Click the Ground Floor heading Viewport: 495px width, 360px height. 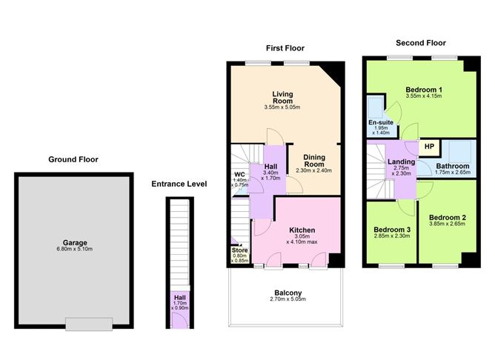[x=73, y=159]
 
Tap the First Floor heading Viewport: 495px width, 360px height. [x=285, y=48]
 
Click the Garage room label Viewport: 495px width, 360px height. [x=73, y=243]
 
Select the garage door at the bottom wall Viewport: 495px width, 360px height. [x=89, y=323]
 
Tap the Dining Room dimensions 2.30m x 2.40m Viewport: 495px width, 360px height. [x=313, y=170]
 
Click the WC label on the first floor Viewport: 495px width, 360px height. [x=239, y=176]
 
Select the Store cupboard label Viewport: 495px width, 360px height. [x=239, y=252]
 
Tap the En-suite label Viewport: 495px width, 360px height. [x=380, y=122]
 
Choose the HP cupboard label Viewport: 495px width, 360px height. [x=428, y=147]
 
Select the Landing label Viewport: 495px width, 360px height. [x=400, y=162]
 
